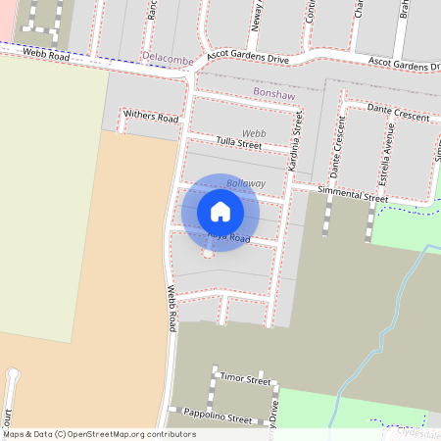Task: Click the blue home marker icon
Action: pyautogui.click(x=220, y=212)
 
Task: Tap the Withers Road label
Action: pyautogui.click(x=151, y=118)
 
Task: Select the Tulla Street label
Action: pyautogui.click(x=239, y=144)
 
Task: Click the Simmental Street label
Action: pyautogui.click(x=346, y=197)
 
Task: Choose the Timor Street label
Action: pyautogui.click(x=245, y=378)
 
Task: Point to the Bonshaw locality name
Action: pyautogui.click(x=273, y=91)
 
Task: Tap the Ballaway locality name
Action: pyautogui.click(x=246, y=183)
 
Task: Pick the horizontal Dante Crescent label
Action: pyautogui.click(x=399, y=116)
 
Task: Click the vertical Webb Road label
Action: pyautogui.click(x=171, y=308)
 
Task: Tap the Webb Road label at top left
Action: pyautogui.click(x=46, y=57)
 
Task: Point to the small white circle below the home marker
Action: pyautogui.click(x=208, y=254)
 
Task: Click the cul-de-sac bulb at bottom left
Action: pyautogui.click(x=12, y=374)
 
